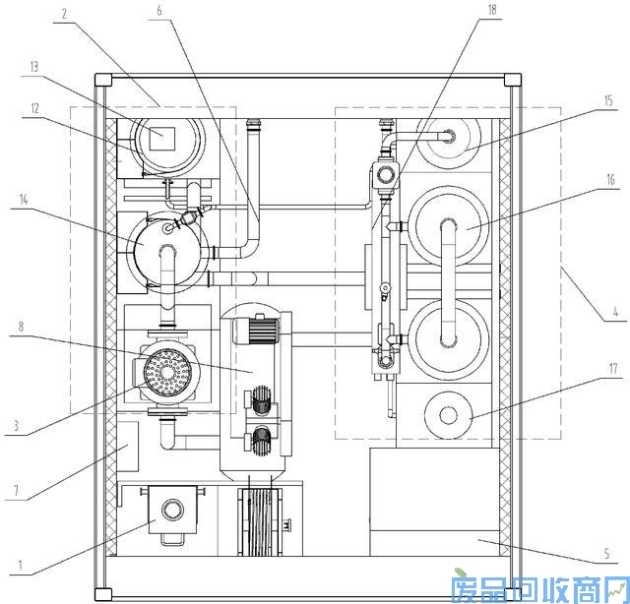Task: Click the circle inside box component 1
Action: pos(173,510)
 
